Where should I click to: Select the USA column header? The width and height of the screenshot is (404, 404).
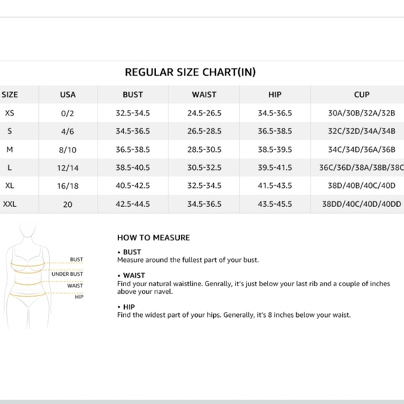(68, 95)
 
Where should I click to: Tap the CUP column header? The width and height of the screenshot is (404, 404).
(362, 95)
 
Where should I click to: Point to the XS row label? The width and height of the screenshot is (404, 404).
(9, 113)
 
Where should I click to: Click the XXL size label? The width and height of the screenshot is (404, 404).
(10, 204)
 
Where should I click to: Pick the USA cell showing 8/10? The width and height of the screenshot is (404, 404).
(68, 149)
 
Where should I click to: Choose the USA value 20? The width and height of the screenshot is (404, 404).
(68, 204)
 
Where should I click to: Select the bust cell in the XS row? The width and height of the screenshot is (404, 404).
(132, 113)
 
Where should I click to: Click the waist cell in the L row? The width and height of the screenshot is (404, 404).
(204, 168)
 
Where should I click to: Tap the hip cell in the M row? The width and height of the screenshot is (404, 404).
(274, 149)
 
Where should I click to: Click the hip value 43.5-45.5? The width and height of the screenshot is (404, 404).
(274, 204)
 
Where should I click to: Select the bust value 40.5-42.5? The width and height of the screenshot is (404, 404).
(132, 186)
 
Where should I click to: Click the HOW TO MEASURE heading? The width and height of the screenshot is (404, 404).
(153, 238)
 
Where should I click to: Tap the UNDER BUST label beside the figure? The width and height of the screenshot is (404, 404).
(67, 274)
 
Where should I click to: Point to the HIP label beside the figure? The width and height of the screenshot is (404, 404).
(79, 297)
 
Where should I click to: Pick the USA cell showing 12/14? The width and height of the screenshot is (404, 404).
(68, 168)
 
